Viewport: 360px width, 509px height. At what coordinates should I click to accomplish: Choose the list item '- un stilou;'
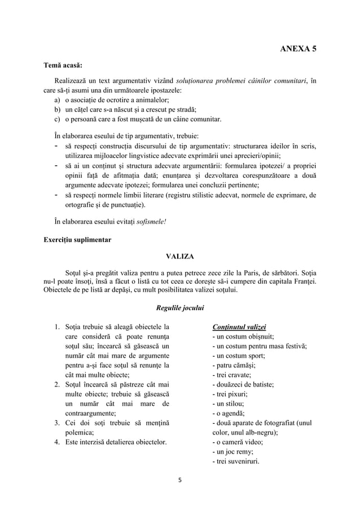(228, 405)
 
